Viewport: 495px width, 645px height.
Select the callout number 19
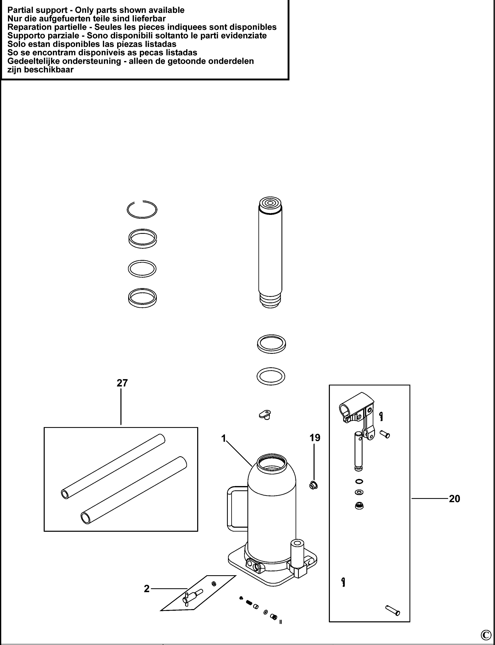(x=315, y=438)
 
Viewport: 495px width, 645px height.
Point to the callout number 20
(x=454, y=499)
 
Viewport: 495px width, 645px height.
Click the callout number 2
(x=147, y=589)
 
